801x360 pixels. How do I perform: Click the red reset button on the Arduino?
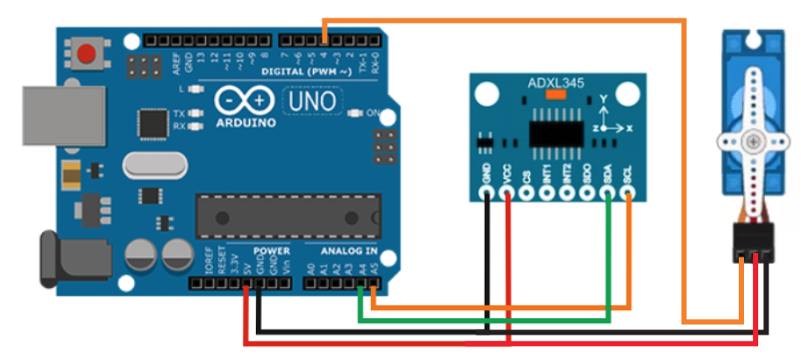[x=86, y=53]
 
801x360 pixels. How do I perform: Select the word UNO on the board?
[x=312, y=101]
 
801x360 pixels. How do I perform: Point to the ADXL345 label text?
[x=556, y=84]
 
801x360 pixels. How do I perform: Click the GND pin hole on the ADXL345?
[x=486, y=195]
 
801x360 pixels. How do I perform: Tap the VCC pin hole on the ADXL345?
[x=507, y=195]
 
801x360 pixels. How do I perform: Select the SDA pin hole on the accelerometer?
[x=608, y=195]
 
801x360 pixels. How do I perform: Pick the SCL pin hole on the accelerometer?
[x=628, y=195]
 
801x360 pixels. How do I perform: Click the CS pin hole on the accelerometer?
[x=527, y=195]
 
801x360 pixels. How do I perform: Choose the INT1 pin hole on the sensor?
[x=547, y=195]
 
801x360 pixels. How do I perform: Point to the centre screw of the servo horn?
[x=750, y=141]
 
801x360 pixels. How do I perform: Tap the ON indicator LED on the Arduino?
[x=355, y=113]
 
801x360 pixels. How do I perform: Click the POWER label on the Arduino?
[x=271, y=251]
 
